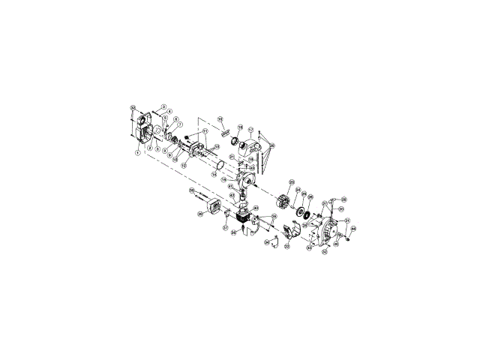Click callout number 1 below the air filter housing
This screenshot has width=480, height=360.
click(x=137, y=153)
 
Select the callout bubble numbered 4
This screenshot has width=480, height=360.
click(x=169, y=112)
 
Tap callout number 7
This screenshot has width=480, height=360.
click(x=180, y=124)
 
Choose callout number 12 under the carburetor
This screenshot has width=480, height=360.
click(x=184, y=165)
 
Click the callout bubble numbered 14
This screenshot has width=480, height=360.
click(x=214, y=174)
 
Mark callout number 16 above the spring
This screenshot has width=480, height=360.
click(x=220, y=118)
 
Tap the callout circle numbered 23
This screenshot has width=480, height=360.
click(x=292, y=182)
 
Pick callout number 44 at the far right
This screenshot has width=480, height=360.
click(x=353, y=228)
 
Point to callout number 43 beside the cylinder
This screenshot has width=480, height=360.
click(x=256, y=208)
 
